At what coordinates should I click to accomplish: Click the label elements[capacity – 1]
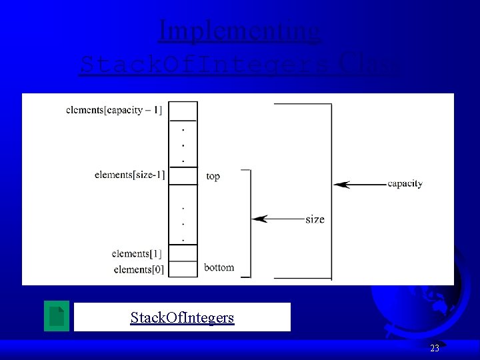click(x=114, y=110)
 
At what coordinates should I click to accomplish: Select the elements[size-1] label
click(x=129, y=175)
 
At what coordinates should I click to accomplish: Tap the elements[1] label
click(x=139, y=253)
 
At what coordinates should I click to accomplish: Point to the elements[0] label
click(x=139, y=269)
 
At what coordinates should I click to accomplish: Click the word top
click(x=213, y=177)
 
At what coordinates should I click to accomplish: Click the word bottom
click(x=219, y=267)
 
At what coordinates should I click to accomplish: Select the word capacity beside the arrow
click(x=405, y=183)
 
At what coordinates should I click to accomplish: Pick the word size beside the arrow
click(x=315, y=219)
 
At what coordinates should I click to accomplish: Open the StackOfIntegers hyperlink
click(x=182, y=317)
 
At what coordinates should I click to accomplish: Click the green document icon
click(x=57, y=316)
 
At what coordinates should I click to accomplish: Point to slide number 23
click(x=435, y=348)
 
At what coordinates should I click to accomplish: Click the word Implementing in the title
click(x=240, y=31)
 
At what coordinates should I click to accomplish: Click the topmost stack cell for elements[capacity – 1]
click(x=184, y=109)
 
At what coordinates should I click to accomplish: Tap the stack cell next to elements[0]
click(x=184, y=269)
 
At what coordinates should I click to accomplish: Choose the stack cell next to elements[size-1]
click(x=184, y=175)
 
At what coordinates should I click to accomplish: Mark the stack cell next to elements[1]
click(x=184, y=253)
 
